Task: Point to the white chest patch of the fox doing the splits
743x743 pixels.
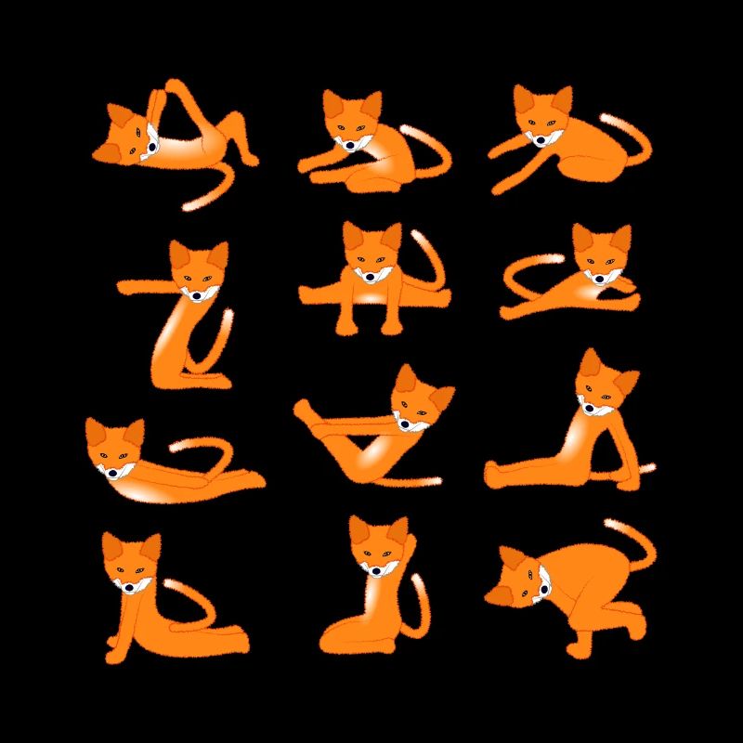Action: coord(371,297)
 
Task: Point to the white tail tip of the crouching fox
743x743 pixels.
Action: coord(612,526)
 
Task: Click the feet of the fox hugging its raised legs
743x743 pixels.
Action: coord(306,409)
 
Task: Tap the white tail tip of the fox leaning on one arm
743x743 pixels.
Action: coord(649,466)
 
